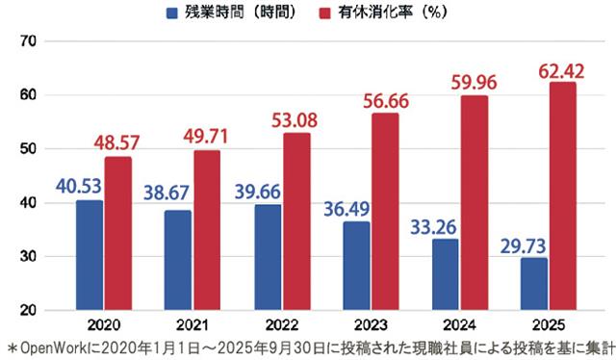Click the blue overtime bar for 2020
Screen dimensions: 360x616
click(90, 255)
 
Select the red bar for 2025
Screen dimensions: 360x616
click(562, 196)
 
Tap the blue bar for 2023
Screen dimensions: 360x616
click(356, 267)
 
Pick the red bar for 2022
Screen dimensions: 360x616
click(296, 221)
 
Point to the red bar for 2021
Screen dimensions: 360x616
click(207, 230)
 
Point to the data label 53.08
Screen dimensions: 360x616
click(295, 121)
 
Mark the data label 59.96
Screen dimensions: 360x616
click(473, 84)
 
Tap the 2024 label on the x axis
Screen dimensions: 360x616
click(459, 325)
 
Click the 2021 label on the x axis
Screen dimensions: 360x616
click(192, 325)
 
